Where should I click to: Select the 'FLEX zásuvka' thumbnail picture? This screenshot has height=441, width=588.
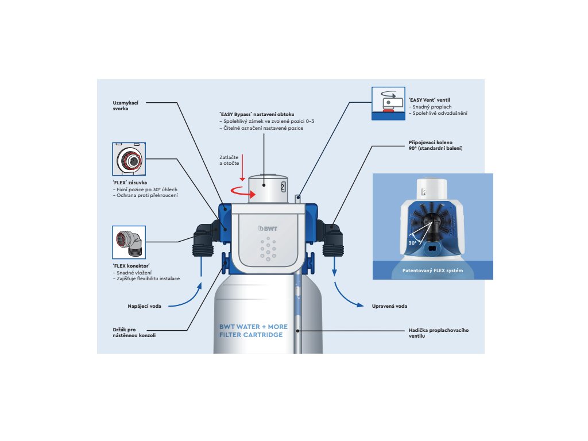[x=129, y=159]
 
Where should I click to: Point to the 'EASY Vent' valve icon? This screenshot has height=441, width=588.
[x=389, y=103]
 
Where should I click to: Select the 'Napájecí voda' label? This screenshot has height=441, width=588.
[x=144, y=306]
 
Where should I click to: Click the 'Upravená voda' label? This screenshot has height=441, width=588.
[x=389, y=306]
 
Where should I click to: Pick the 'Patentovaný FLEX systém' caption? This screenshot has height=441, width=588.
[x=432, y=270]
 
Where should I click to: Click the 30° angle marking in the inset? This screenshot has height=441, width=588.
[x=412, y=243]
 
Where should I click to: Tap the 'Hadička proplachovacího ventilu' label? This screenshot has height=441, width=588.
[x=439, y=333]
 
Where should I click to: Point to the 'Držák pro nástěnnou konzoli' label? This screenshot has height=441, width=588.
[x=134, y=332]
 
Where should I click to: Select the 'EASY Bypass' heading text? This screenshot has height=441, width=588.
[x=265, y=115]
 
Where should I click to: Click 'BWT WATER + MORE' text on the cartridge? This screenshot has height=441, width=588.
[x=253, y=327]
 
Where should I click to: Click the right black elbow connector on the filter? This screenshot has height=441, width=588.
[x=332, y=236]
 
